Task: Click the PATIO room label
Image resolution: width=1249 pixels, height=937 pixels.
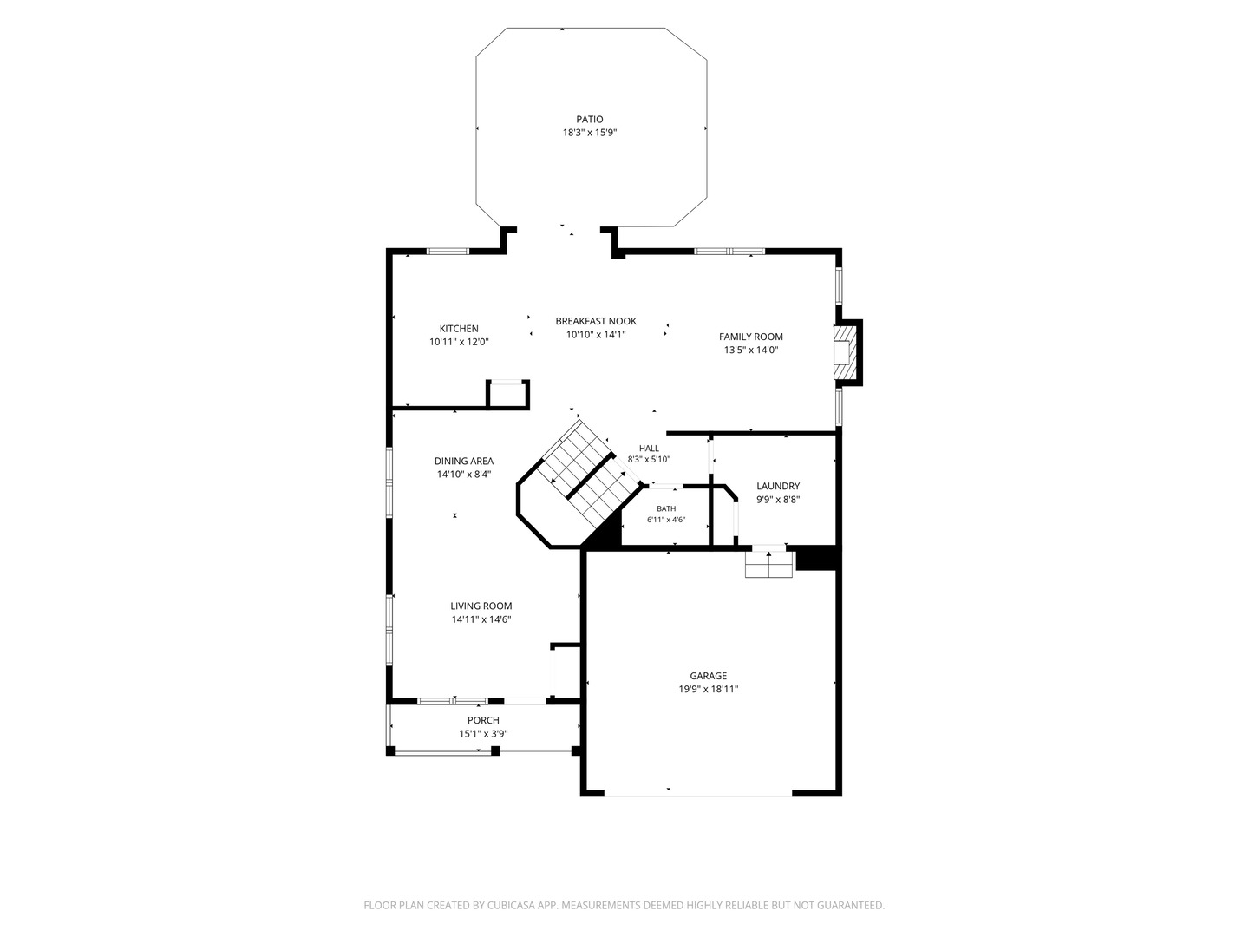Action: [590, 120]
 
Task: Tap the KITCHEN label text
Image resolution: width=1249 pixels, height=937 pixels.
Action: [459, 329]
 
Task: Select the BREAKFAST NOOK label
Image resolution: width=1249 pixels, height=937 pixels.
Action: [596, 321]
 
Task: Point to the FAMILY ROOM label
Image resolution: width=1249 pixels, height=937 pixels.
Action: [750, 337]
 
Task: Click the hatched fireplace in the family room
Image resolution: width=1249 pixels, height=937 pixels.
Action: [845, 353]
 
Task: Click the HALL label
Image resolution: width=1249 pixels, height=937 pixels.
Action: [649, 449]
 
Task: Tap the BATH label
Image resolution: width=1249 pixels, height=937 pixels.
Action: [666, 508]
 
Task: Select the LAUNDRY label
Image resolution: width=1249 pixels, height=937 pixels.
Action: [778, 487]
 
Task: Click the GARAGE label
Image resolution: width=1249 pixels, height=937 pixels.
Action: [709, 676]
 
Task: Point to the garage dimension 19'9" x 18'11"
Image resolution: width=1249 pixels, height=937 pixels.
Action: [709, 690]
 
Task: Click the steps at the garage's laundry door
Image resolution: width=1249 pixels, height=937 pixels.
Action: [768, 564]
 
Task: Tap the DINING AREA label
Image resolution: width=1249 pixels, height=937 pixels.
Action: [464, 462]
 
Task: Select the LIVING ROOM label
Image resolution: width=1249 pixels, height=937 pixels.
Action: [481, 606]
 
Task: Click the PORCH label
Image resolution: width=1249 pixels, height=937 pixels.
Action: [484, 721]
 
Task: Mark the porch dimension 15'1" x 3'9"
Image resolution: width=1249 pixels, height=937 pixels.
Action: [484, 735]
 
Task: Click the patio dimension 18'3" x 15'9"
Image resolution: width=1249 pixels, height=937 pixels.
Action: [590, 133]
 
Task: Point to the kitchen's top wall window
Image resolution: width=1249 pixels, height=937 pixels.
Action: [448, 251]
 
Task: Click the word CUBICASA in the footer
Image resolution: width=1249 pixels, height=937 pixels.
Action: [512, 905]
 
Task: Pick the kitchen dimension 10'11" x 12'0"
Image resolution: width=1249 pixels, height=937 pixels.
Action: [459, 343]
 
